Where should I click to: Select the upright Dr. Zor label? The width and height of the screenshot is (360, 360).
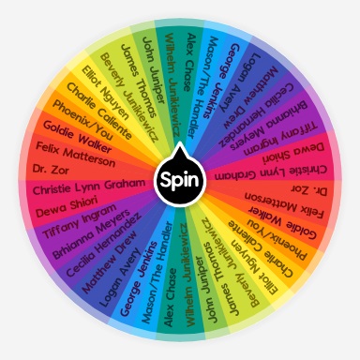point(52,170)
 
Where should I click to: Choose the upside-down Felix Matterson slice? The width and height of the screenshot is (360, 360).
point(286,208)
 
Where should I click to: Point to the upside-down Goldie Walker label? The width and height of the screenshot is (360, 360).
point(280,228)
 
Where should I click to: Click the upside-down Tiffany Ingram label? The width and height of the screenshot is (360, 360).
point(277,130)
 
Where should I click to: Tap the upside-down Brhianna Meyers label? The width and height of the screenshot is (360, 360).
point(266,112)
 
